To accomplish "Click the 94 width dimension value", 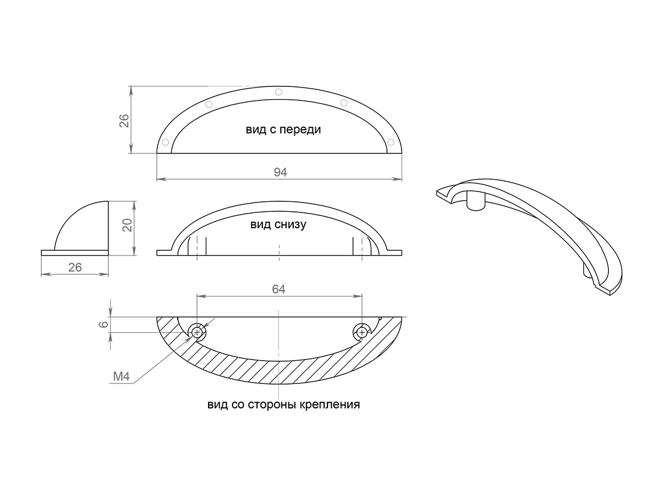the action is pos(280,173).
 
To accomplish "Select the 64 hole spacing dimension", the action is pos(279,289).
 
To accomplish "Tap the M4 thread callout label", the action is pos(122,376).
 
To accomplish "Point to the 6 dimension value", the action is pos(104,325).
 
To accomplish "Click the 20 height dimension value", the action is pos(128,225).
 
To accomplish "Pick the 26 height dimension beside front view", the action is pos(124,121).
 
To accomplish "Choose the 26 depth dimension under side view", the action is pos(75,267).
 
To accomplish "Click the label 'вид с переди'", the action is pos(283,130).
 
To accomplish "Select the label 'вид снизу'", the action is pos(278,225).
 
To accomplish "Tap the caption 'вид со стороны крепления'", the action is pos(284,404).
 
